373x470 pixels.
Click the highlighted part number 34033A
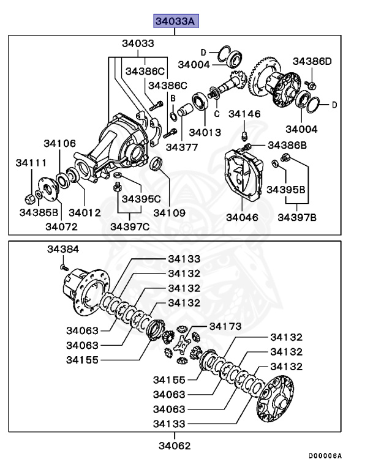coord(175,22)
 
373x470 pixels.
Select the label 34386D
coord(312,61)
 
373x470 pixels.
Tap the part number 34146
coord(244,114)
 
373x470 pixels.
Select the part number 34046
coord(242,217)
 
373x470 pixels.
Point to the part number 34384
coord(63,250)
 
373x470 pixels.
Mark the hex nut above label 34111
coord(29,199)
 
